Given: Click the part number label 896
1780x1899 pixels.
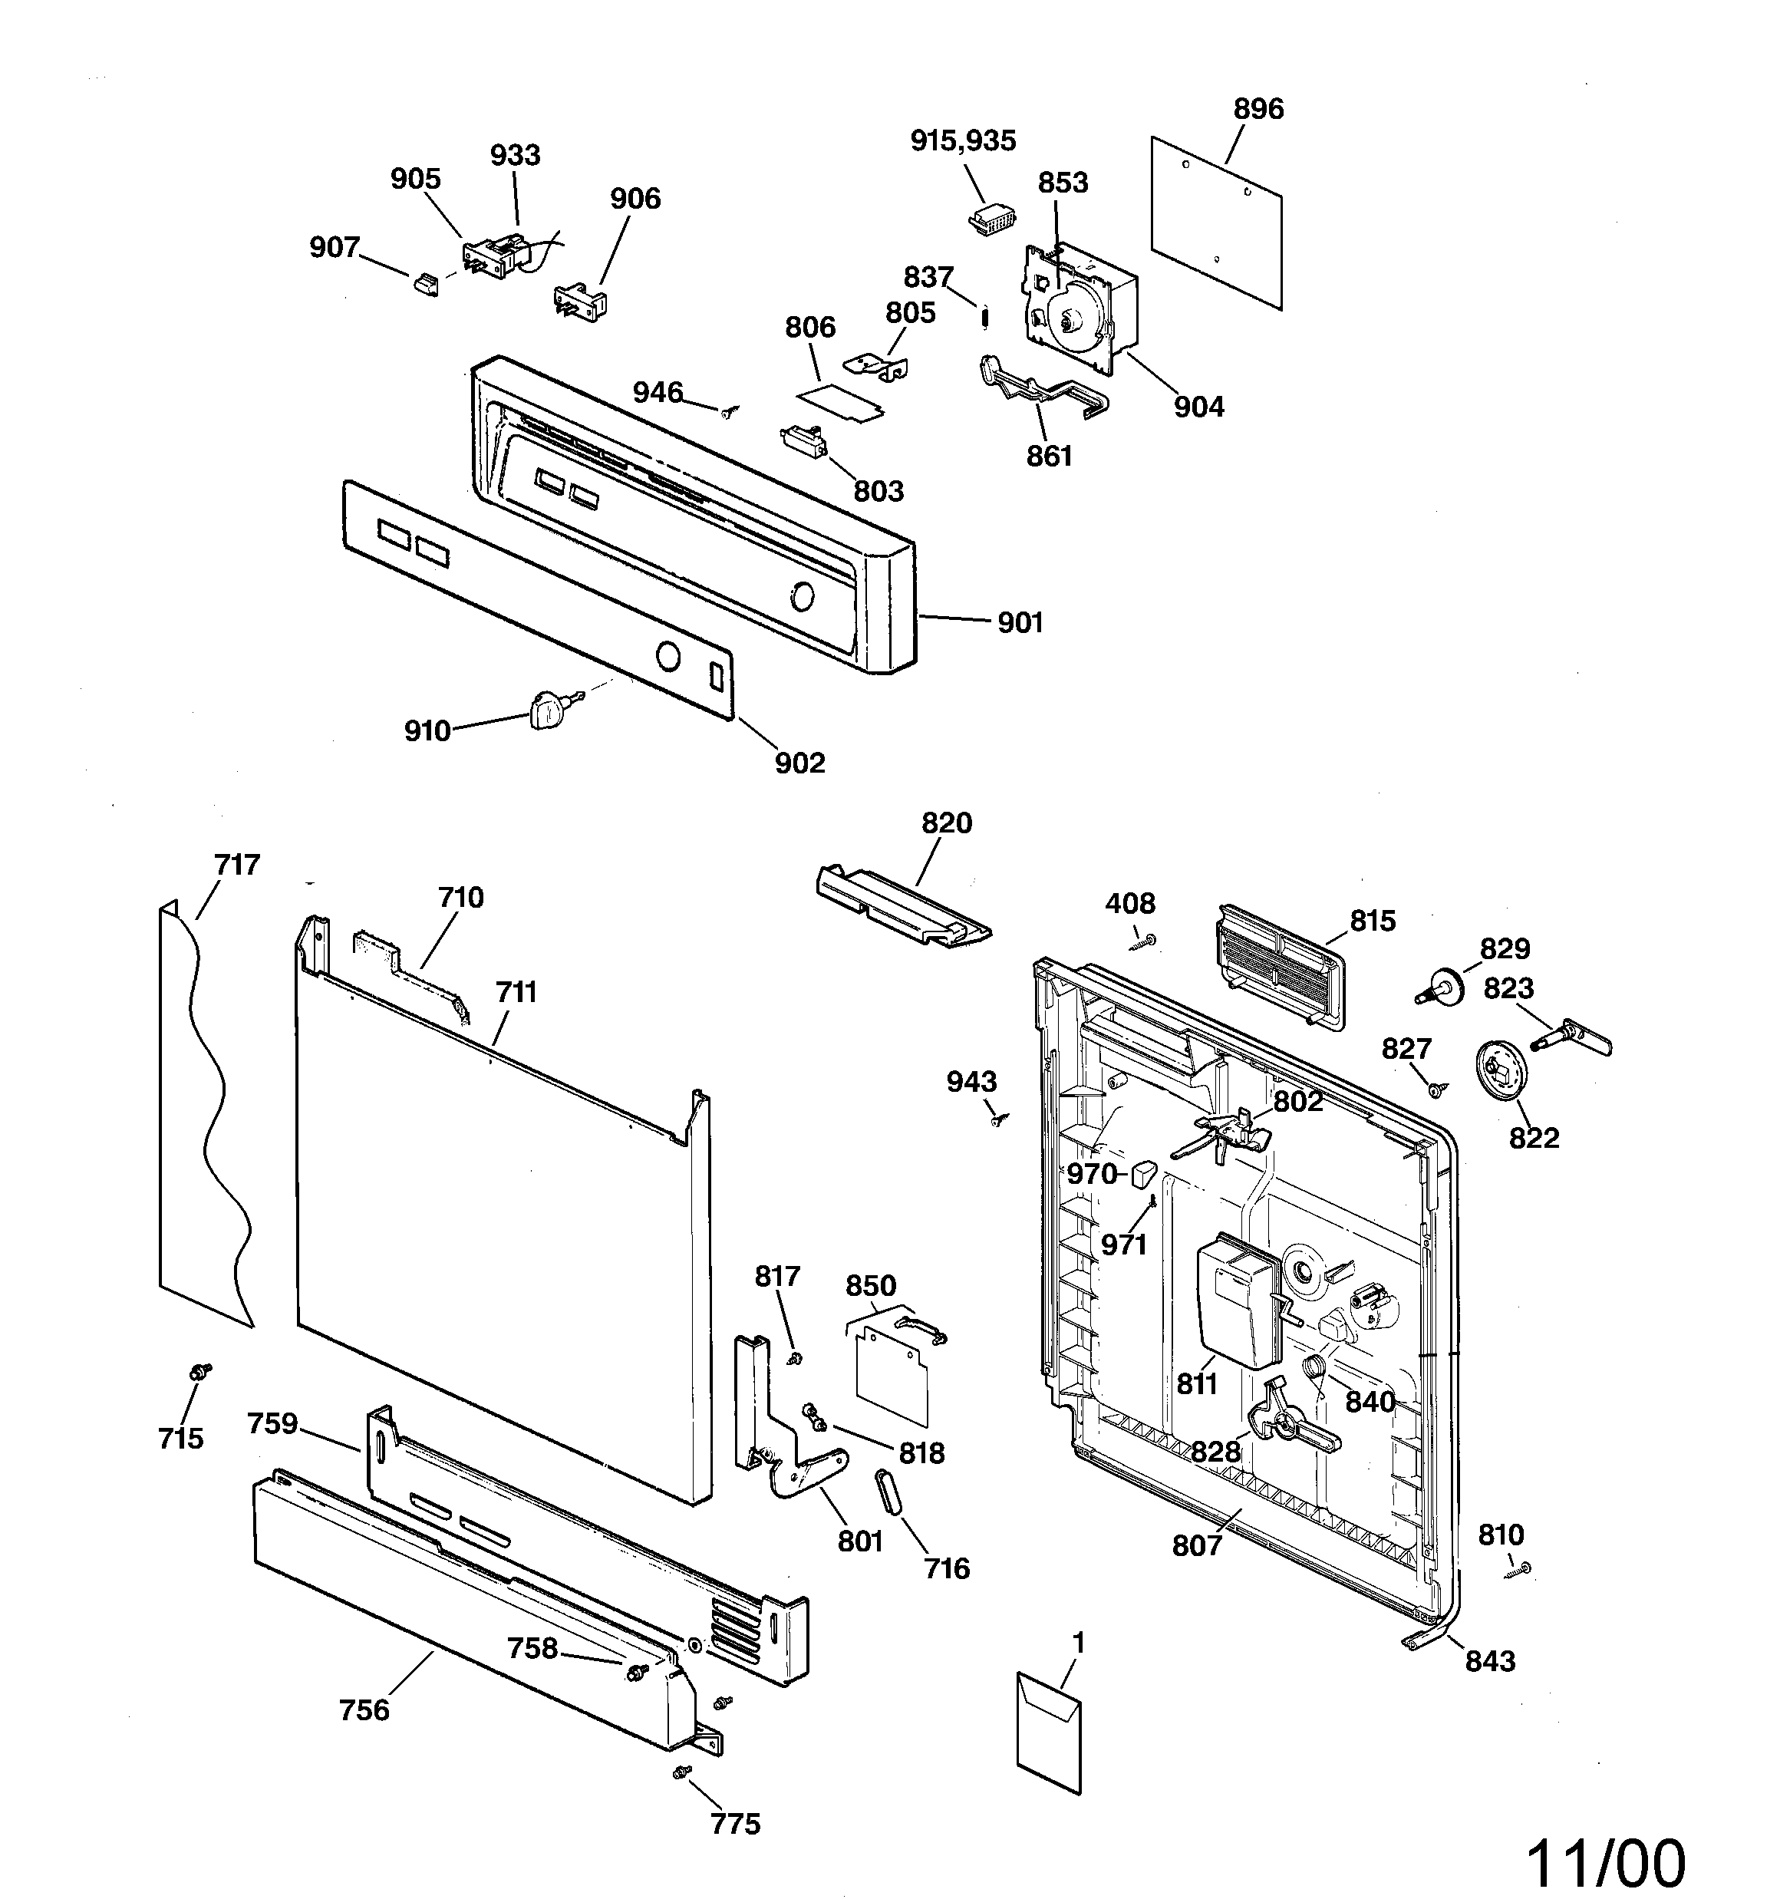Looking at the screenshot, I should click(x=1258, y=109).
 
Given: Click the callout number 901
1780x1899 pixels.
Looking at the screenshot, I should click(x=1020, y=623).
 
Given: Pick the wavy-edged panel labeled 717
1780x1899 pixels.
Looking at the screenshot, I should click(x=203, y=1118).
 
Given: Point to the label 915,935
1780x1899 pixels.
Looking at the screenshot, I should click(x=962, y=140).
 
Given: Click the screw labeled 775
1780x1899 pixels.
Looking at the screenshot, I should click(x=681, y=1772).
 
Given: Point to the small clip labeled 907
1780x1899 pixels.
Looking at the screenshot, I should click(x=426, y=284).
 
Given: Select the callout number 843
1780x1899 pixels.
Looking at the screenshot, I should click(x=1489, y=1661).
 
